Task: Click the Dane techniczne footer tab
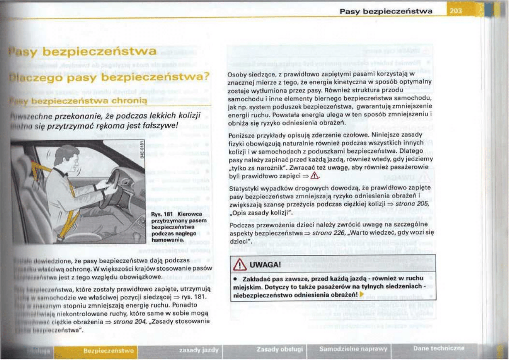coord(438,348)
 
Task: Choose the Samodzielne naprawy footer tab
coord(353,349)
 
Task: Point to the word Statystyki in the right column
coord(243,189)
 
